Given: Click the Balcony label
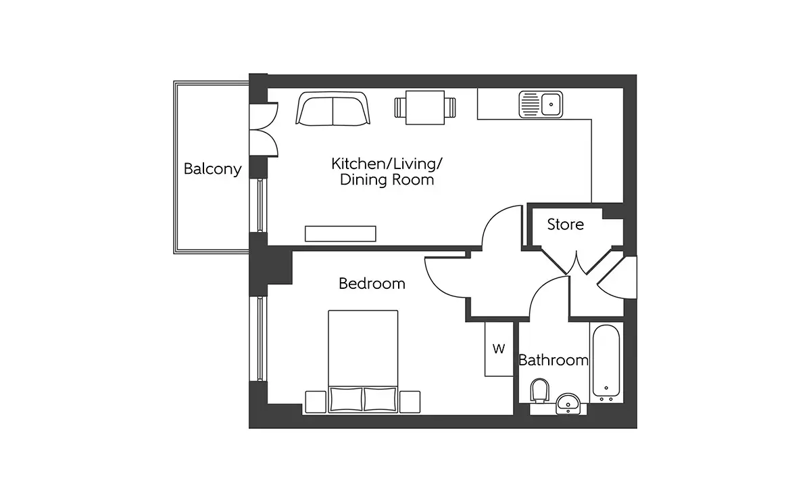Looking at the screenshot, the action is [x=212, y=169].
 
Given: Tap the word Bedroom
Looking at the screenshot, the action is [x=372, y=283].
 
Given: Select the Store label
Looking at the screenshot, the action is [x=565, y=225].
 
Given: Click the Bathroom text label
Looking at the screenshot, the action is [x=554, y=361].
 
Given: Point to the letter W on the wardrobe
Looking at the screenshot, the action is [x=499, y=349].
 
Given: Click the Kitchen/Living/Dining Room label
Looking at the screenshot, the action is [x=387, y=172].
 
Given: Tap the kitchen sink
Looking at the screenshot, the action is [x=541, y=104].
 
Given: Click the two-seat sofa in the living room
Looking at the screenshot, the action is [x=333, y=109].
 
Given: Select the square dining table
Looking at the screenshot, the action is [x=425, y=108].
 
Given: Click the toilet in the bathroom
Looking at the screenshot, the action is [x=539, y=390].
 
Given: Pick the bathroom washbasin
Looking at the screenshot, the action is [x=568, y=403].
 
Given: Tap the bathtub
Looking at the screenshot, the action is [x=606, y=363].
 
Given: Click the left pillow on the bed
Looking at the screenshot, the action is [x=347, y=399].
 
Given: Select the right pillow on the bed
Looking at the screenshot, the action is [x=380, y=399].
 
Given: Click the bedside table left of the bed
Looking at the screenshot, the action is [x=316, y=402].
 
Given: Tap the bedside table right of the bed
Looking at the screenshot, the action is [x=410, y=402].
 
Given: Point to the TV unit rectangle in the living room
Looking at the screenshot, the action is [x=341, y=234].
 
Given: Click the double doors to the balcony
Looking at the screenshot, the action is [x=263, y=129].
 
